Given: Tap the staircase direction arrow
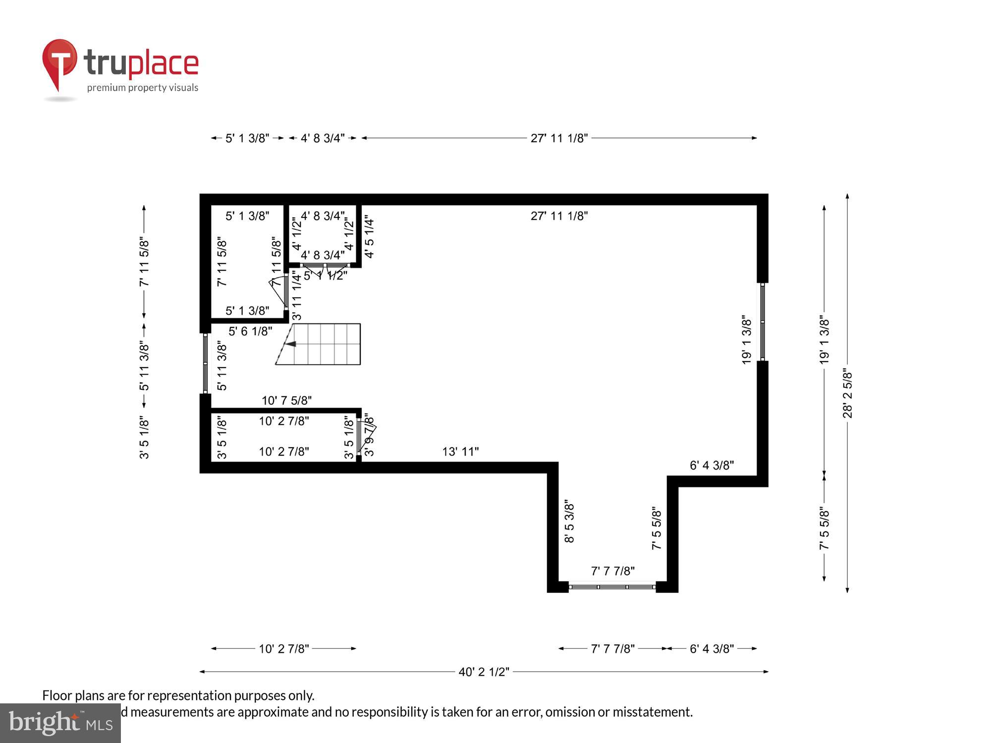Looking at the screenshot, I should (x=291, y=344).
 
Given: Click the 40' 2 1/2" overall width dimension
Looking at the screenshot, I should (x=484, y=672).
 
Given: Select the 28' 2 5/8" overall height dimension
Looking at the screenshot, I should (x=847, y=394).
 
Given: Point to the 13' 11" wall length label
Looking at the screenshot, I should (x=460, y=452).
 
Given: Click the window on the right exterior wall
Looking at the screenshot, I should (x=763, y=322).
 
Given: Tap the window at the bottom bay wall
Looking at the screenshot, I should (x=612, y=587).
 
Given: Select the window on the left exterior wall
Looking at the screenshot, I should (x=205, y=364).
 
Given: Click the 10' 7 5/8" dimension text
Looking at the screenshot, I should (x=286, y=400).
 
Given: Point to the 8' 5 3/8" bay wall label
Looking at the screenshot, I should (x=569, y=523).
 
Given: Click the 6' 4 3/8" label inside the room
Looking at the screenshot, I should (x=712, y=466).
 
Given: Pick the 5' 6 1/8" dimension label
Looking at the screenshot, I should (x=250, y=331).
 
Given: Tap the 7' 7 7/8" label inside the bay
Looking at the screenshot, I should (x=612, y=571).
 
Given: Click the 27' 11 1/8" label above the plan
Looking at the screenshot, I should (x=559, y=138).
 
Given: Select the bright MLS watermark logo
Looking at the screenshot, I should (x=60, y=724).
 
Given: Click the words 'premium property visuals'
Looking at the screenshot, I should (x=143, y=88).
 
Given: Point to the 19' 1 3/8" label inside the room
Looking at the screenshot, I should (x=746, y=340).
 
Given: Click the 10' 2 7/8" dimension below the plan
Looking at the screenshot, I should (x=283, y=649).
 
